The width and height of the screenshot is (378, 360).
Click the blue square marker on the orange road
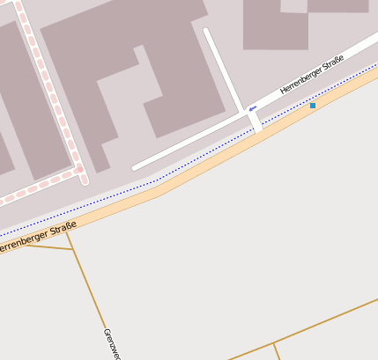point(313,106)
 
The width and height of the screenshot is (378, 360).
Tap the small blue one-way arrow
point(253,109)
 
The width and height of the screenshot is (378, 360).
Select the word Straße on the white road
point(334,64)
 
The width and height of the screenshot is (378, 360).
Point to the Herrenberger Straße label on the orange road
point(35,238)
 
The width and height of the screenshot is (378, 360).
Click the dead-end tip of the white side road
point(207,31)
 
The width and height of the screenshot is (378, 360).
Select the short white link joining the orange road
point(256,122)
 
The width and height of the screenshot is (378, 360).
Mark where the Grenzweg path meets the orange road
point(67,231)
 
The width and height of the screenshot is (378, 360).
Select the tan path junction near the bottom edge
point(273,344)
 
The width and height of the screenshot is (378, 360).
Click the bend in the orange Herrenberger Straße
point(159,187)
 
